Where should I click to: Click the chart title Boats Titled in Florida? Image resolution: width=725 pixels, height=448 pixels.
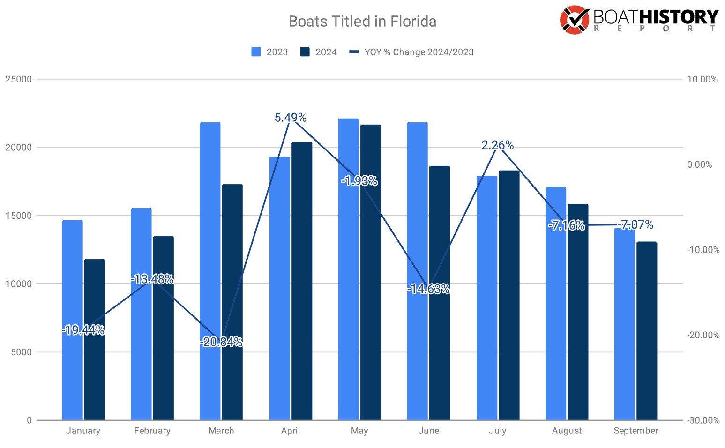[x=362, y=22]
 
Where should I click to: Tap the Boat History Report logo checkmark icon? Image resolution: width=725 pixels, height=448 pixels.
[x=574, y=20]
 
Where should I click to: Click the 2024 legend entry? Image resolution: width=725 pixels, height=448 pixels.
[x=319, y=52]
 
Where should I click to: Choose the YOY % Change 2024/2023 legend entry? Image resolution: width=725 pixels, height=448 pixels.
[x=411, y=52]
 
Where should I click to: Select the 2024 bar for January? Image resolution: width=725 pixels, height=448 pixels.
[x=95, y=339]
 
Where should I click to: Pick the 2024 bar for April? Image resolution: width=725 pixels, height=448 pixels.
[x=302, y=281]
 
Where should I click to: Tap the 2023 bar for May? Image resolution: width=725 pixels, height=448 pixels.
[x=349, y=269]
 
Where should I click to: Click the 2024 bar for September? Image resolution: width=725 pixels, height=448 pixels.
[x=647, y=330]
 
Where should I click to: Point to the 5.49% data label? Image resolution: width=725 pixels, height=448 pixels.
[x=291, y=118]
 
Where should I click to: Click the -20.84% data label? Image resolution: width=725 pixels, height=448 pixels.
[x=221, y=342]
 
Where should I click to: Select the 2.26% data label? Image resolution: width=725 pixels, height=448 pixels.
[x=498, y=145]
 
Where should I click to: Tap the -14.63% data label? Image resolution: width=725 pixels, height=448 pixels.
[x=428, y=289]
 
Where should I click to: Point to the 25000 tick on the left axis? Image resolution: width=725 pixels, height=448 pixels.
[x=19, y=79]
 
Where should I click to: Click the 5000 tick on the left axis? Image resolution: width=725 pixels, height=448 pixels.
[x=22, y=352]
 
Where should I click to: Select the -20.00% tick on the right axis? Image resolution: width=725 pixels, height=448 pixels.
[x=703, y=335]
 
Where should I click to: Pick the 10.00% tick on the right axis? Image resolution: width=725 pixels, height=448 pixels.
[x=702, y=79]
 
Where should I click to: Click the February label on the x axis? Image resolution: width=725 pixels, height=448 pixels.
[x=152, y=431]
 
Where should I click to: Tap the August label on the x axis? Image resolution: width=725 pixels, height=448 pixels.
[x=567, y=431]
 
